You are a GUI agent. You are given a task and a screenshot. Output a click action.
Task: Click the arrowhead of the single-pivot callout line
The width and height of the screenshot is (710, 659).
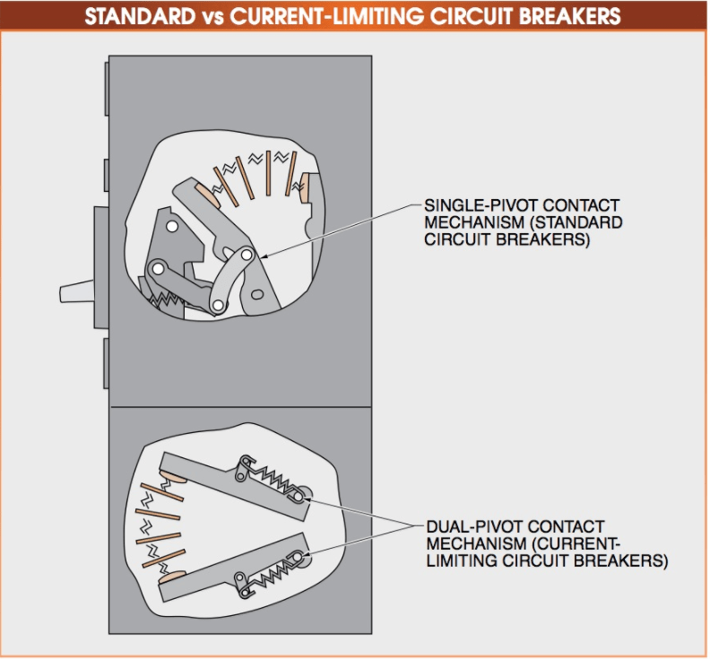(x=265, y=256)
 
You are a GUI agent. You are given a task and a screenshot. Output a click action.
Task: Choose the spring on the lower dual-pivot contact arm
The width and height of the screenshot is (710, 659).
(x=270, y=568)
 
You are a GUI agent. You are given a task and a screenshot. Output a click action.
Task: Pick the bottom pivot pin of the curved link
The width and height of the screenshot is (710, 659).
(x=217, y=307)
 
